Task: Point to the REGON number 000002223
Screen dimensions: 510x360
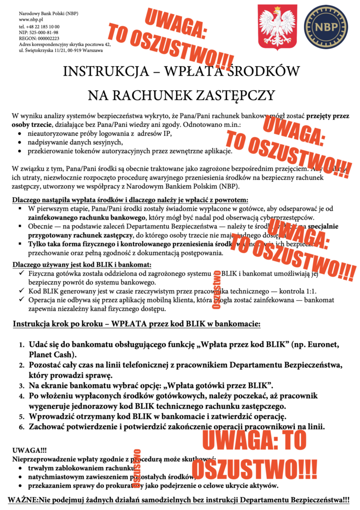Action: (x=46, y=38)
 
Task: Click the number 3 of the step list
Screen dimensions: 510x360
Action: (x=22, y=385)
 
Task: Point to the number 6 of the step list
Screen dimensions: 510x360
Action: (x=22, y=426)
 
